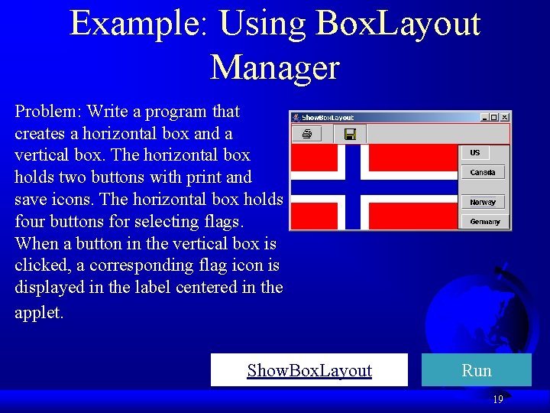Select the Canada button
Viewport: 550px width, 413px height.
pos(482,173)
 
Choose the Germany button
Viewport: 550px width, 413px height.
pos(482,222)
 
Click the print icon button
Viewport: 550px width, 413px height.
pos(307,135)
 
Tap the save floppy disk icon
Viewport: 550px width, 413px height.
pos(350,135)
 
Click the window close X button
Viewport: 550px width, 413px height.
pos(504,117)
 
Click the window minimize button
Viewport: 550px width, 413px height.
pos(484,117)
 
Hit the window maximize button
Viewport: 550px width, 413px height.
pos(494,117)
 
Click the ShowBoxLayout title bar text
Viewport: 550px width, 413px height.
pos(328,118)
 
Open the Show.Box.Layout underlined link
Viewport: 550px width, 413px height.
pos(309,371)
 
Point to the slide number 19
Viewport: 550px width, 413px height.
pos(497,399)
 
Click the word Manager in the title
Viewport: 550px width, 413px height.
pos(274,67)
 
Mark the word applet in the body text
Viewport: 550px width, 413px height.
pos(38,314)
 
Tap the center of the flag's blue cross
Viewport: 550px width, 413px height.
pos(353,187)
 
